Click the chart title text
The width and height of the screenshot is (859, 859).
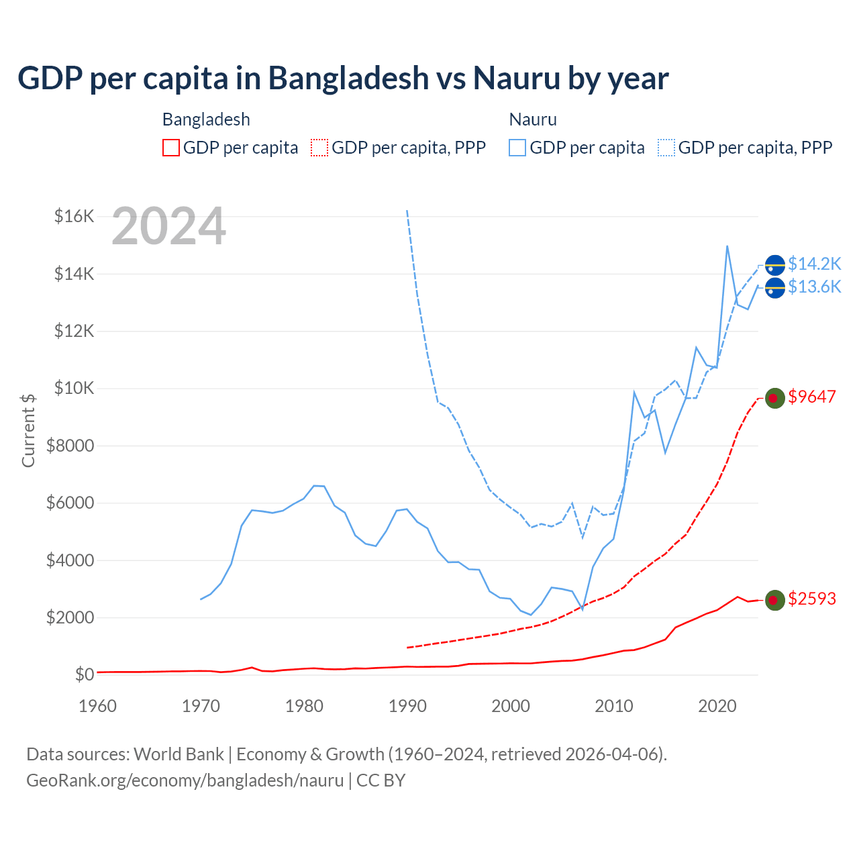(343, 78)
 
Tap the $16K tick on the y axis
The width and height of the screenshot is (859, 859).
(74, 216)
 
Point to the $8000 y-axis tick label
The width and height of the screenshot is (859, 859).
(70, 446)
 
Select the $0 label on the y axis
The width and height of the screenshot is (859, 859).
(84, 674)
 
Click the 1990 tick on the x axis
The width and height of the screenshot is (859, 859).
(408, 706)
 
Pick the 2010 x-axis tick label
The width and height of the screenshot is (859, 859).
(614, 706)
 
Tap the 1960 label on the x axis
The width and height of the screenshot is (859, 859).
(98, 706)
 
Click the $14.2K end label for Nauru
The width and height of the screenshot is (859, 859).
(814, 264)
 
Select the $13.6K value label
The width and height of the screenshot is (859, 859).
(814, 287)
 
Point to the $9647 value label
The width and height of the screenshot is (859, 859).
(812, 397)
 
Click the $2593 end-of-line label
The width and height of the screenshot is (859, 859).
(812, 599)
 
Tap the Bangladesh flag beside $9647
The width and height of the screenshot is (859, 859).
(775, 398)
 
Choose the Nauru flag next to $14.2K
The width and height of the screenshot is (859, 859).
(775, 266)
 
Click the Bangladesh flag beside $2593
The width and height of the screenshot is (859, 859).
(775, 600)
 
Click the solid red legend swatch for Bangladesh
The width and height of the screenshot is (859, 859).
(171, 148)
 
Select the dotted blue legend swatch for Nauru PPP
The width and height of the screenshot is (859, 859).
(666, 148)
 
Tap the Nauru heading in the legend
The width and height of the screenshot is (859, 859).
(533, 119)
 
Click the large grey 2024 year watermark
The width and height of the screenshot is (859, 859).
(168, 227)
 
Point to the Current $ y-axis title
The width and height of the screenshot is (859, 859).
(28, 430)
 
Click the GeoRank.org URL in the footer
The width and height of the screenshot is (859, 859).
(185, 780)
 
